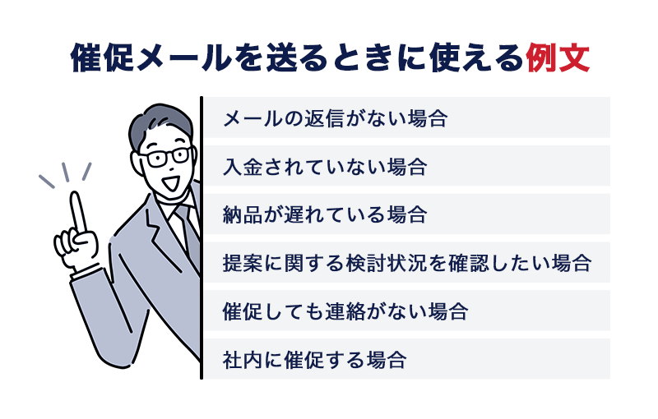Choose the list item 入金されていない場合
point(325,168)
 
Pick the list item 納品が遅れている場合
point(325,215)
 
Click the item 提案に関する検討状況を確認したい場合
point(407,264)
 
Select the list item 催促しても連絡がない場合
point(345,311)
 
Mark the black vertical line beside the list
point(201,238)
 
